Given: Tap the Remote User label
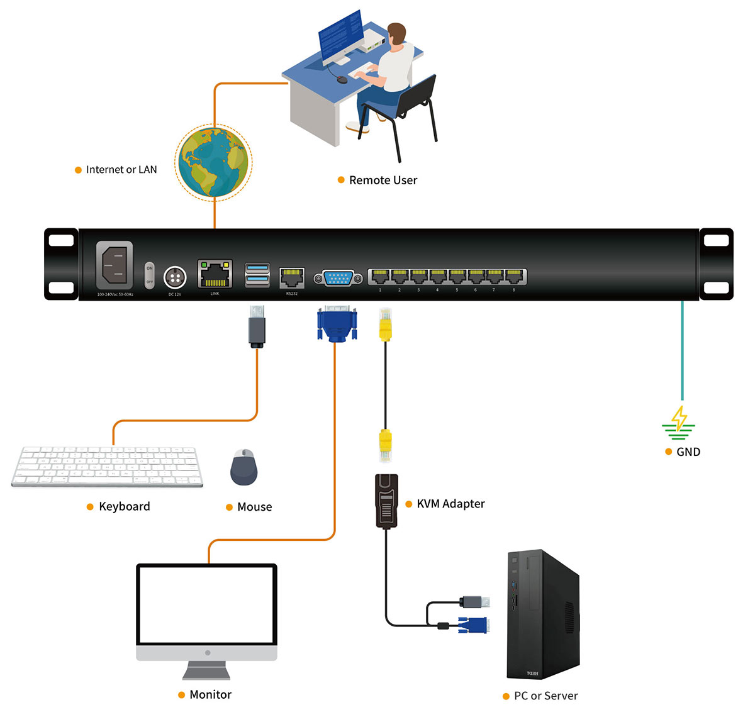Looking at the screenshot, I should click(383, 181).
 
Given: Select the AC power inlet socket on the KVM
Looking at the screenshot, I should click(115, 265).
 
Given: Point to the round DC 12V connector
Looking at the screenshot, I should click(174, 277).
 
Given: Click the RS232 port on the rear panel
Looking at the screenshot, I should click(291, 277).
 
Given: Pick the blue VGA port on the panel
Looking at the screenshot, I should click(338, 277).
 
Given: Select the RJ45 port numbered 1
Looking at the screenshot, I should click(380, 277).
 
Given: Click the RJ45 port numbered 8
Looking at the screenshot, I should click(514, 277).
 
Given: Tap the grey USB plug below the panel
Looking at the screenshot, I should click(257, 326).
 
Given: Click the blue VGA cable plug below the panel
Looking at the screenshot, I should click(337, 325).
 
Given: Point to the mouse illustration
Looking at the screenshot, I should click(243, 467).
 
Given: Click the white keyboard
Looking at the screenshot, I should click(107, 467).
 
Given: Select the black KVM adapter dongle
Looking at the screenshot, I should click(386, 501).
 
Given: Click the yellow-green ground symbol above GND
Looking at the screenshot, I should click(679, 423).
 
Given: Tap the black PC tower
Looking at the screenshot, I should click(542, 614).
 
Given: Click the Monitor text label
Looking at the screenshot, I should click(210, 695).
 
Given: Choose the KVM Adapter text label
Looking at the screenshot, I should click(450, 504).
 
